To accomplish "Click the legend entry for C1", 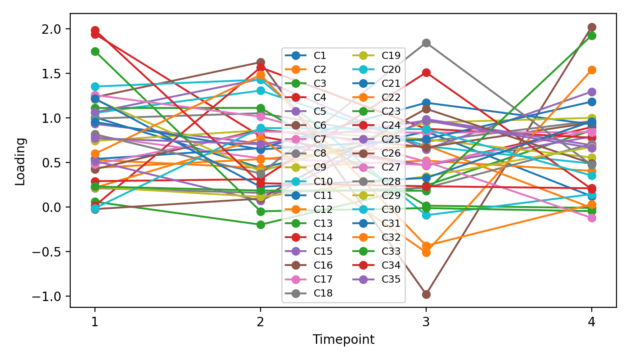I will point(320,56).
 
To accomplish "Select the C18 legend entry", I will point(323,293).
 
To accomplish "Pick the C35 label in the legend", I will point(391,279).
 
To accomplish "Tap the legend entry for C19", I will point(391,56).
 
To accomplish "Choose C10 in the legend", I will point(323,181).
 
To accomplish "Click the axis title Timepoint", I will point(343,340).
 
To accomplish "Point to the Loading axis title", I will point(20,161).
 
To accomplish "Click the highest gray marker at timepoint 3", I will point(426,43).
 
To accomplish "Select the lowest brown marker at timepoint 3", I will point(426,294).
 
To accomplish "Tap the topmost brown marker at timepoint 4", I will point(592,27).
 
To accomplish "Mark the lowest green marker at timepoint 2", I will point(260,225).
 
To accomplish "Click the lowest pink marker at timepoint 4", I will point(592,218).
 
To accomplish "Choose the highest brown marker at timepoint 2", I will point(260,62).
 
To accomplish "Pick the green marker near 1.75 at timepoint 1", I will point(95,51).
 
